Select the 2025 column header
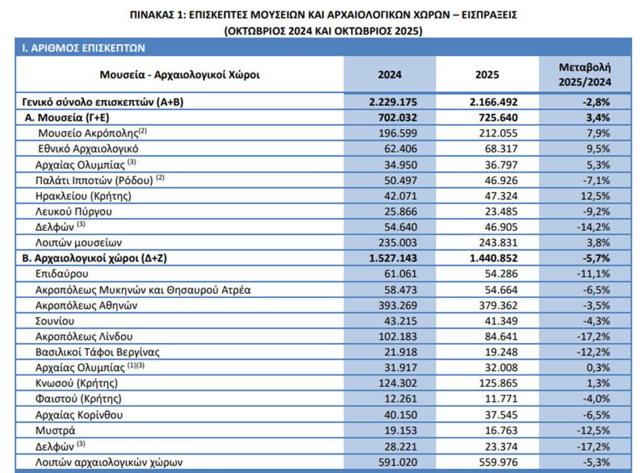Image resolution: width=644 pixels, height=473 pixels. [x=487, y=75]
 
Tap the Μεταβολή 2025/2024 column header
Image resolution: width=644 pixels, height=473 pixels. [x=585, y=74]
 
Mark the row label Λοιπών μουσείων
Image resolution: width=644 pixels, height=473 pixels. [x=77, y=243]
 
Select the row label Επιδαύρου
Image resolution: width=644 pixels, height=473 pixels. [x=62, y=274]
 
